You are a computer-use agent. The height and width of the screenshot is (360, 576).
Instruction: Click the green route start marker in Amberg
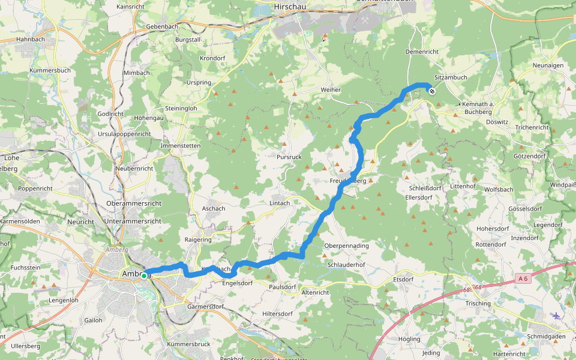click(144, 275)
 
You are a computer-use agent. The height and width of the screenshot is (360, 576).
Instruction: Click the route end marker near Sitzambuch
click(432, 91)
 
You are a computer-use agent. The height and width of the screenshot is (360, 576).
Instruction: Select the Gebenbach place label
click(163, 28)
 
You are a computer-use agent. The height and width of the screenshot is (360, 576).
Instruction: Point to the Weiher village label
click(331, 90)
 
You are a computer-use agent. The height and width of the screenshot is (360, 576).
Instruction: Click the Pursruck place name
click(289, 157)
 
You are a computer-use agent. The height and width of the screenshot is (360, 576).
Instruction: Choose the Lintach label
click(280, 203)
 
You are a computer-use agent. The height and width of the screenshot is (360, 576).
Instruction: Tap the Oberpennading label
click(346, 246)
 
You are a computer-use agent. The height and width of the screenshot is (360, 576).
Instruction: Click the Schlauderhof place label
click(347, 265)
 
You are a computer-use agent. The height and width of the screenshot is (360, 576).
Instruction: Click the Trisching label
click(478, 304)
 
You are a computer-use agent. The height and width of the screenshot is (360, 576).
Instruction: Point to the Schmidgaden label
click(547, 337)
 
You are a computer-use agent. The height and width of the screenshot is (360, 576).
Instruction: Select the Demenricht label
click(422, 52)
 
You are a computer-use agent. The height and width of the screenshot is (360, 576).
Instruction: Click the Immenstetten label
click(180, 146)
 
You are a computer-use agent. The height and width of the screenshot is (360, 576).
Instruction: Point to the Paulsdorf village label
click(283, 287)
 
